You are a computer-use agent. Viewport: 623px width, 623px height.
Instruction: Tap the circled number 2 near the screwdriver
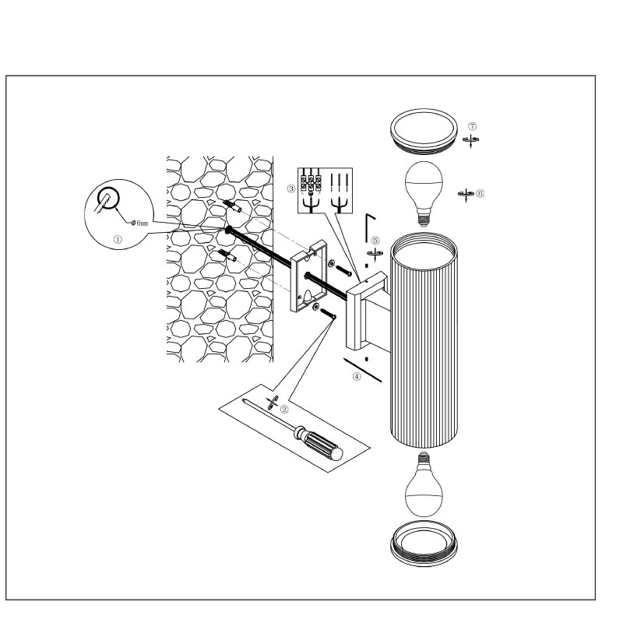(284, 408)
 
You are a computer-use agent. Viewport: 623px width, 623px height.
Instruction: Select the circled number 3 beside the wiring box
(290, 188)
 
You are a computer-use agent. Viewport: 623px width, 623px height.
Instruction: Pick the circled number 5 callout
(375, 241)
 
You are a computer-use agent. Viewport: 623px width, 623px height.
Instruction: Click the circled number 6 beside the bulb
(480, 192)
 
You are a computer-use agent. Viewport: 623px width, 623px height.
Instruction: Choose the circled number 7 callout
(472, 126)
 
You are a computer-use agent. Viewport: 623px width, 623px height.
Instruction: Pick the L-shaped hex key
(371, 222)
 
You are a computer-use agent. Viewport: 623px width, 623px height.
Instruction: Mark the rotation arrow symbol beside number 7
(471, 140)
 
